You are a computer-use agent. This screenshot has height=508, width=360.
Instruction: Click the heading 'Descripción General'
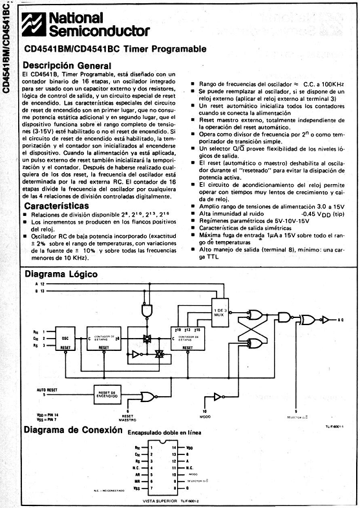click(67, 65)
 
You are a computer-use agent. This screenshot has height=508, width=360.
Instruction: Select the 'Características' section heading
click(57, 206)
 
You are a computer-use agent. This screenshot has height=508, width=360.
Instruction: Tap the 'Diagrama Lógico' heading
click(61, 275)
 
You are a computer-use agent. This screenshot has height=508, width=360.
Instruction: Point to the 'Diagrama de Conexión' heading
click(70, 430)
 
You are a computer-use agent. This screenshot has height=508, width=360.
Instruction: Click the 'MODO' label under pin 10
click(205, 419)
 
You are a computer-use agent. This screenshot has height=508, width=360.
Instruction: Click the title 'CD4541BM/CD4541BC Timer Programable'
click(115, 49)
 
